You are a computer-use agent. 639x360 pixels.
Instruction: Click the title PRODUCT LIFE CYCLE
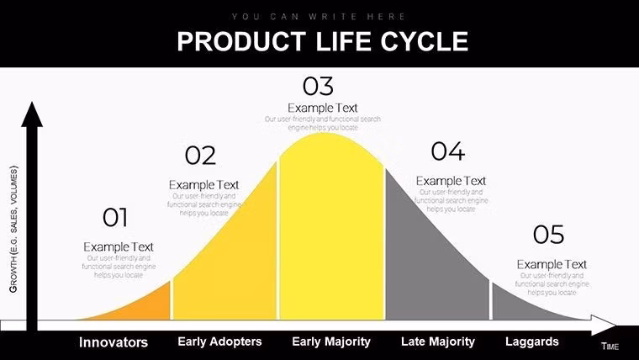322,41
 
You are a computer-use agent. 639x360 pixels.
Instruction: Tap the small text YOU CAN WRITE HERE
319,16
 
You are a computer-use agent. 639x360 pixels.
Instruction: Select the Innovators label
114,342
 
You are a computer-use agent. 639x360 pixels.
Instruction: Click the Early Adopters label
219,341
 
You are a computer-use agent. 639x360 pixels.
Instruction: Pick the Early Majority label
331,341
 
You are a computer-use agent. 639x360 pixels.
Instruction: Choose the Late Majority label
437,341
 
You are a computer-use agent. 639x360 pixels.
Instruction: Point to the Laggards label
531,341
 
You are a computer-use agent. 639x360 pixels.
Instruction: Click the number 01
115,218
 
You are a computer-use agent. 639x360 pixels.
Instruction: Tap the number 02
200,156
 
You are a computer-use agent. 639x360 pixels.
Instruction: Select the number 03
318,86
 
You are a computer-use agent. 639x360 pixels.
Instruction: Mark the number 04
447,151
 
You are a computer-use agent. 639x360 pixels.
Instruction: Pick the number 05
548,235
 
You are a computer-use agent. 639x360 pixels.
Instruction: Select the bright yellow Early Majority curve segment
331,236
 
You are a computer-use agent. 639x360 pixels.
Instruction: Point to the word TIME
610,347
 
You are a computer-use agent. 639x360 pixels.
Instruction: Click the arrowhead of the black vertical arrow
32,114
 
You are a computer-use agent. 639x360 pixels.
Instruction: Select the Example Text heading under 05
552,264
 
